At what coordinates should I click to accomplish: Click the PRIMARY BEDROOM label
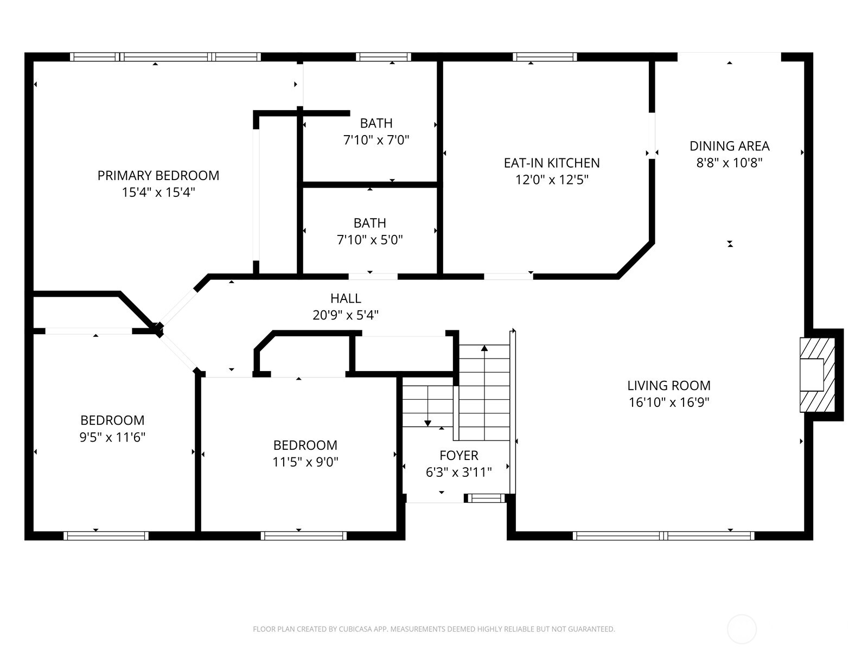pos(158,175)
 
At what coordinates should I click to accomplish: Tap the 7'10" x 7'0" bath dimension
pos(376,140)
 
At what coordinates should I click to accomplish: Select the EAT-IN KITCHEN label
pos(552,163)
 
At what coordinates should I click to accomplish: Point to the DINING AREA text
pos(729,146)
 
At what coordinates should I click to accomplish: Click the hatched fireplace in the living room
pos(817,375)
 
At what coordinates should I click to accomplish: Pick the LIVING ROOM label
pos(669,386)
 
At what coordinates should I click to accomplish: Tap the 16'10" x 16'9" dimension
pos(669,403)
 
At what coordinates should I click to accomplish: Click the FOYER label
pos(458,455)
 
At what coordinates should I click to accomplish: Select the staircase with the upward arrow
pos(484,391)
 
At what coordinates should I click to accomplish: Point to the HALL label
pos(346,298)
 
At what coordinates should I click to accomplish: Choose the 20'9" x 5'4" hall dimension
pos(346,315)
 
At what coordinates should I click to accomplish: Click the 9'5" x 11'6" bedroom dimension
pos(112,437)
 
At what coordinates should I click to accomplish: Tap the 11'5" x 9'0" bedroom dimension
pos(305,462)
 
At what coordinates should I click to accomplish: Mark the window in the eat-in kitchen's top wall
pos(545,56)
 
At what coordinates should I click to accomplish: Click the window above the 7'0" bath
pos(383,56)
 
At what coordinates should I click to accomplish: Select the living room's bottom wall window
pos(663,535)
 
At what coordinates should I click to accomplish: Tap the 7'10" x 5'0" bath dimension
pos(370,240)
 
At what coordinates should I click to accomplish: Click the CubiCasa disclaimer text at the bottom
pos(433,629)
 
